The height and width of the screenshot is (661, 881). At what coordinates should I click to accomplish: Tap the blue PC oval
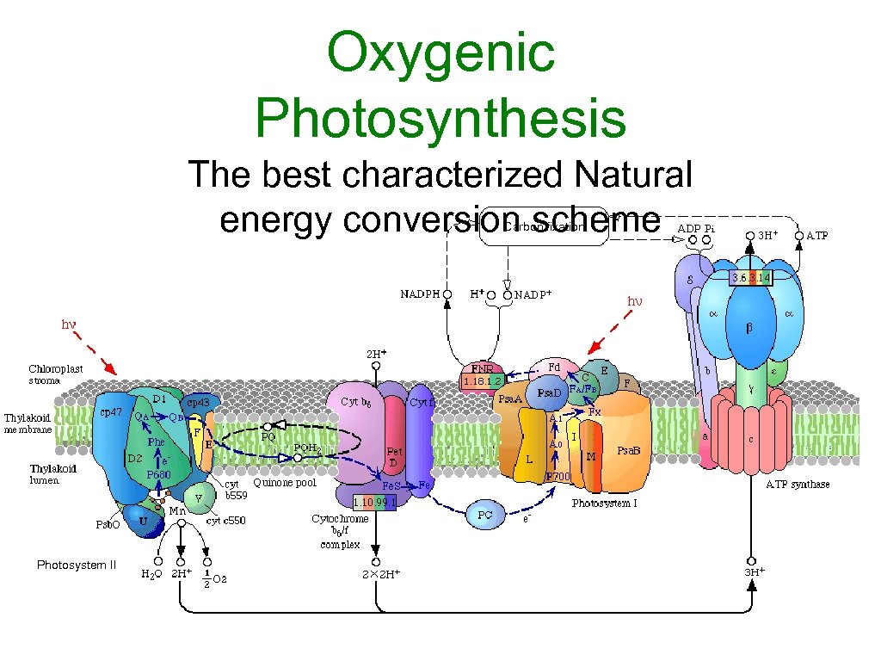coord(485,515)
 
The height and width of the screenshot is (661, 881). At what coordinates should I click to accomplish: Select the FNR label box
coord(481,368)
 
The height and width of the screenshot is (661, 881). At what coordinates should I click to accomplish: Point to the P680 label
coord(159,474)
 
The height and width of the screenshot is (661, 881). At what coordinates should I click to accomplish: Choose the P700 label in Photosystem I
coord(558,476)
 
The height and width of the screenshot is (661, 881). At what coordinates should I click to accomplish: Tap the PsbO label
coord(107,524)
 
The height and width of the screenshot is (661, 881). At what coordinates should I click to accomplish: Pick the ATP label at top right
coord(816,235)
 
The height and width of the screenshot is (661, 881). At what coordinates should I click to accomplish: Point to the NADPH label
coord(421,293)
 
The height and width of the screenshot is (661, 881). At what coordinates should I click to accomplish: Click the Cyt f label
coord(421,402)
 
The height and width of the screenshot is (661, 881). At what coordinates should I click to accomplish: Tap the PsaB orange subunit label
coord(631,451)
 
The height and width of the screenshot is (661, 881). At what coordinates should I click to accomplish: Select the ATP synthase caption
coord(798,485)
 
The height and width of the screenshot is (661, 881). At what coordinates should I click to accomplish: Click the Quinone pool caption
coord(285,483)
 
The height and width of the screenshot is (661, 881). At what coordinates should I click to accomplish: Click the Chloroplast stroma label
coord(56,374)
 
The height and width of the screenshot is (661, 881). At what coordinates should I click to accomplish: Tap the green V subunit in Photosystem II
coord(200,496)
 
